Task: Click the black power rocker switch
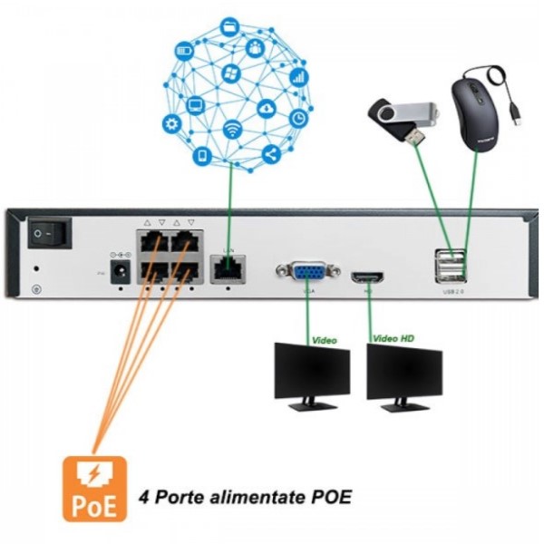[47, 234]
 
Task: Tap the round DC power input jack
[116, 277]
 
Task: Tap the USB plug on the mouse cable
[516, 116]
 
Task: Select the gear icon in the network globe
[172, 124]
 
